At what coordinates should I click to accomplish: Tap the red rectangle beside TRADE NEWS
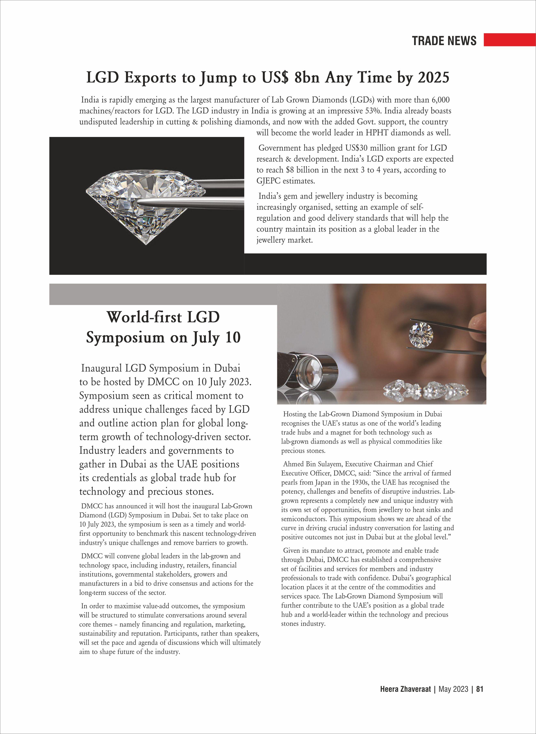click(x=509, y=40)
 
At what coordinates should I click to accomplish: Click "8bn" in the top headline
click(x=307, y=78)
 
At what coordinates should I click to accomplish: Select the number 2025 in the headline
click(x=433, y=78)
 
